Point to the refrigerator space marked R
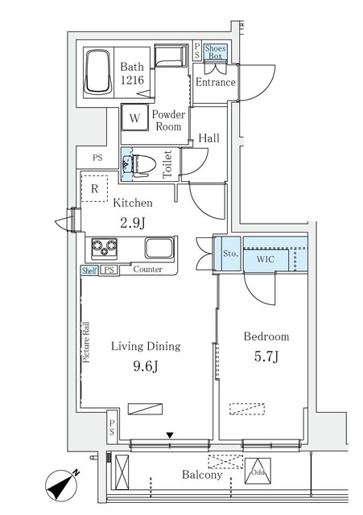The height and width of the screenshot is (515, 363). [94, 190]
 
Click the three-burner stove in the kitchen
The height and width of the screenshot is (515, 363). [105, 246]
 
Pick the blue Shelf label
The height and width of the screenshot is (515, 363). [89, 270]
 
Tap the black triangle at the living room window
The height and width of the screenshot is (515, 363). [169, 435]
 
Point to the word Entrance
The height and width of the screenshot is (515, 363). [216, 83]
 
